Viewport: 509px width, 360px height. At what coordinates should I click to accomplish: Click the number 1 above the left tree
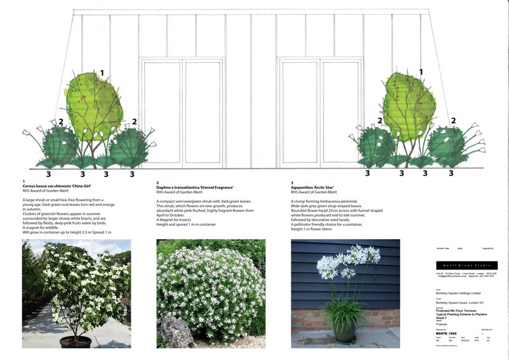102,73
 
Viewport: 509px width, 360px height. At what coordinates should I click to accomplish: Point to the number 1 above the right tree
421,72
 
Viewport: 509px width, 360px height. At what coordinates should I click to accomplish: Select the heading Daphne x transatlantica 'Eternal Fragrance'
194,187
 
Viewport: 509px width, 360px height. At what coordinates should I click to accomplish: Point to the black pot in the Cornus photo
76,342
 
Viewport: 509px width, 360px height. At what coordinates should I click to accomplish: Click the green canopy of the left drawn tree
94,105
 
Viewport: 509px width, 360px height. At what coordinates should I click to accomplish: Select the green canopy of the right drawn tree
409,105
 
